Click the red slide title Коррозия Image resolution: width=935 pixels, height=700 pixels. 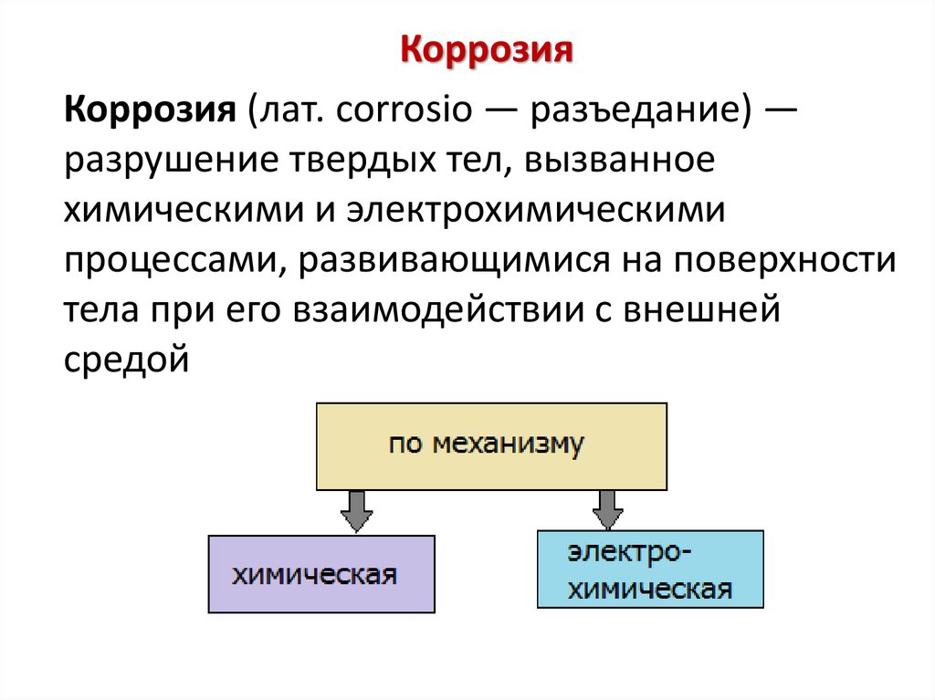click(x=488, y=51)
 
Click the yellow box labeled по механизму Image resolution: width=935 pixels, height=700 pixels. click(x=491, y=445)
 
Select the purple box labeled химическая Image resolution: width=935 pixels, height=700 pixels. click(x=321, y=573)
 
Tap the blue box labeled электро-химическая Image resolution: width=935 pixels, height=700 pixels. click(x=650, y=569)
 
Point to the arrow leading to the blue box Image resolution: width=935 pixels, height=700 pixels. click(x=605, y=509)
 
